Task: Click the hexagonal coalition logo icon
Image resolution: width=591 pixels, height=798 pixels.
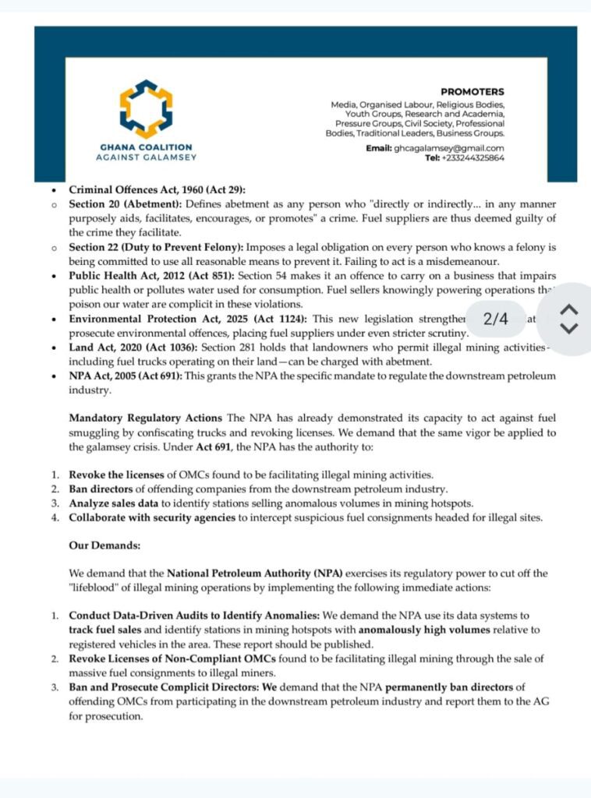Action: [146, 109]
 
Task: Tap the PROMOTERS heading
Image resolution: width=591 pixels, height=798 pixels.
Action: [472, 92]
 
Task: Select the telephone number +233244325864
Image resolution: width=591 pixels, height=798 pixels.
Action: [474, 157]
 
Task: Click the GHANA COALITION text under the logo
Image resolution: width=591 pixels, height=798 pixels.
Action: [146, 147]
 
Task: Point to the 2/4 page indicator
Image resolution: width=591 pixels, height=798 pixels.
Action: [495, 319]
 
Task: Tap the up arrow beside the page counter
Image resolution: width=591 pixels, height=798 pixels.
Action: [570, 309]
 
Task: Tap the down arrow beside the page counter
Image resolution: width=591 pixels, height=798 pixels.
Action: [570, 329]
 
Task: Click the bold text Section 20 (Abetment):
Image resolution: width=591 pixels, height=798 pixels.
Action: [126, 204]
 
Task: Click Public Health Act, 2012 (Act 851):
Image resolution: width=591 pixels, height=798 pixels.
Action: [151, 276]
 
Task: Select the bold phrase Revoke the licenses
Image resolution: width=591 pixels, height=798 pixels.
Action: [117, 475]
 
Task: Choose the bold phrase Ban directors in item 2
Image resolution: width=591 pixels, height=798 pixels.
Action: [106, 489]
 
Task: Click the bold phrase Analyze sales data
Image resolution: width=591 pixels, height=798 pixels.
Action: [117, 503]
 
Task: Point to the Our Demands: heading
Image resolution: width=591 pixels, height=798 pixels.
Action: [104, 546]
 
